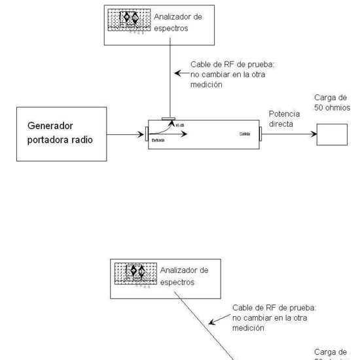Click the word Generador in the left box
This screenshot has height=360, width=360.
tap(50, 125)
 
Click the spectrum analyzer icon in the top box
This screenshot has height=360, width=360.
tap(130, 20)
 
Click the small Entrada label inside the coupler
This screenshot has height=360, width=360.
tap(158, 140)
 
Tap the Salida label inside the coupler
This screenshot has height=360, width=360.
tap(245, 134)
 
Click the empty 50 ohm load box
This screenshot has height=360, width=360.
tap(332, 134)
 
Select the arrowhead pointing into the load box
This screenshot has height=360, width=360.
tap(313, 134)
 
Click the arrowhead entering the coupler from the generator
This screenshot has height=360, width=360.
tap(141, 136)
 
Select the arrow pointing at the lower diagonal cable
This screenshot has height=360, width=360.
tap(211, 321)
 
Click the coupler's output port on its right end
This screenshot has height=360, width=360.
tap(261, 135)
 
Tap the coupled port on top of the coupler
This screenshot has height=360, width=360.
tap(169, 120)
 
